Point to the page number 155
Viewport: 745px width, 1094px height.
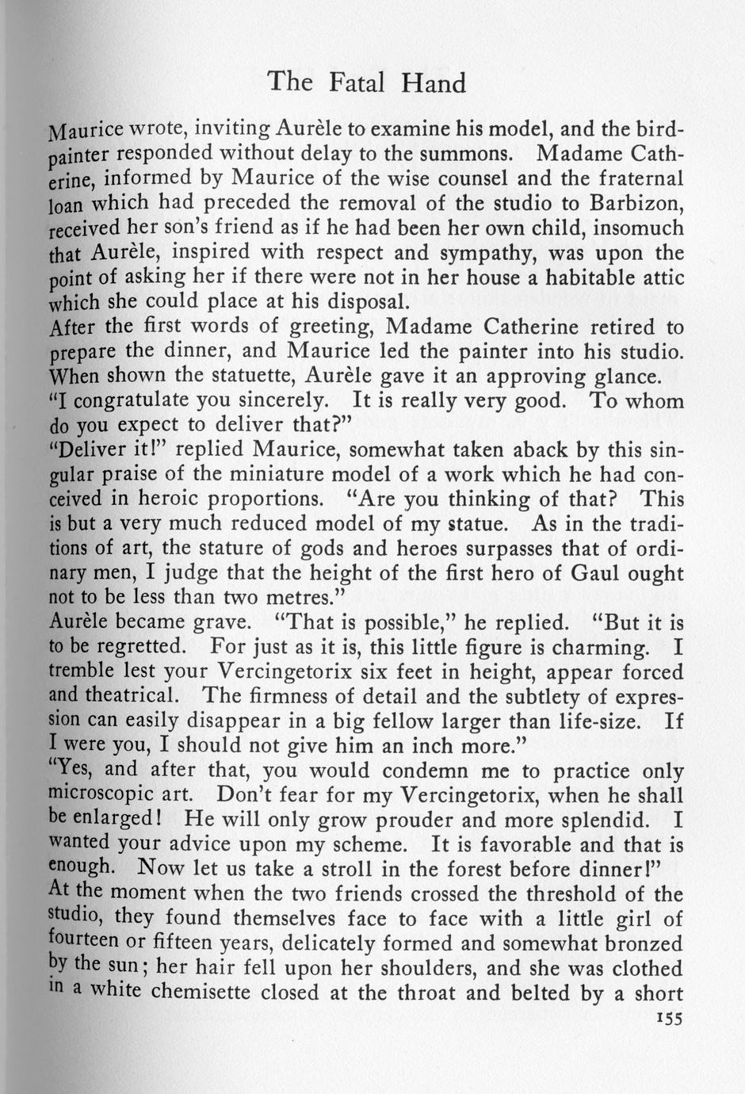click(x=669, y=1019)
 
